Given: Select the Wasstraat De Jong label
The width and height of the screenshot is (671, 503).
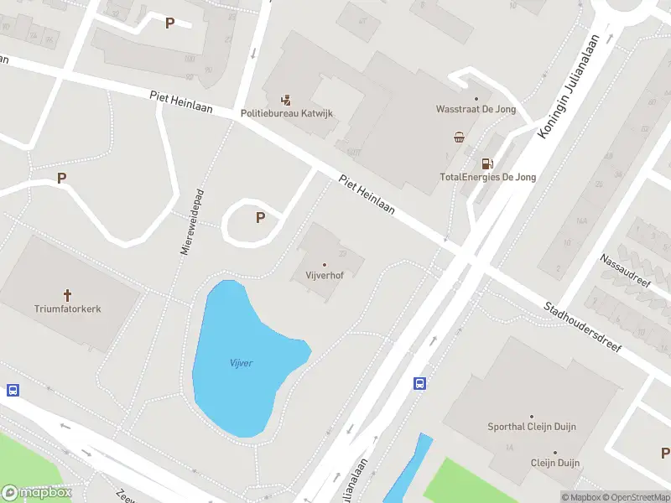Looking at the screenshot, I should [x=476, y=109].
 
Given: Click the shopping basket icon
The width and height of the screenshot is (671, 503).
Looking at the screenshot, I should [x=460, y=137].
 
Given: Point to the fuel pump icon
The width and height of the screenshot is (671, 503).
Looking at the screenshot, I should [x=486, y=163].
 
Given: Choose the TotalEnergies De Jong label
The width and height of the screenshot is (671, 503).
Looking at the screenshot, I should [x=487, y=177].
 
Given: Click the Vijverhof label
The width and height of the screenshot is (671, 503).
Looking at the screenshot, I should [x=325, y=274].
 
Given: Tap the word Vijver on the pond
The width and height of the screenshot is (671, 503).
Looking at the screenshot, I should [x=242, y=363].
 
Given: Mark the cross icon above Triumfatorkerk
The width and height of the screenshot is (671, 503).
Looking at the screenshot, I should [x=67, y=295].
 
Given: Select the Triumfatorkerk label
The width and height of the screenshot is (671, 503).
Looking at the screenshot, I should [x=68, y=309].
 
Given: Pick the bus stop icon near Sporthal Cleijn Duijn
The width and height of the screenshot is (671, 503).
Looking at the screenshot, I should [x=419, y=384].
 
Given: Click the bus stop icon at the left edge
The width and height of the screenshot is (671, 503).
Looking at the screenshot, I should [x=13, y=391].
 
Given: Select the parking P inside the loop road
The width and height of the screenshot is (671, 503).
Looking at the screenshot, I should [x=260, y=217].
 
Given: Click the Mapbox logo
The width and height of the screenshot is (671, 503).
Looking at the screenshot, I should [x=37, y=493].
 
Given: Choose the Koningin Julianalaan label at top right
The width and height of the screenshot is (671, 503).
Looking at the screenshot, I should [x=572, y=86].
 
